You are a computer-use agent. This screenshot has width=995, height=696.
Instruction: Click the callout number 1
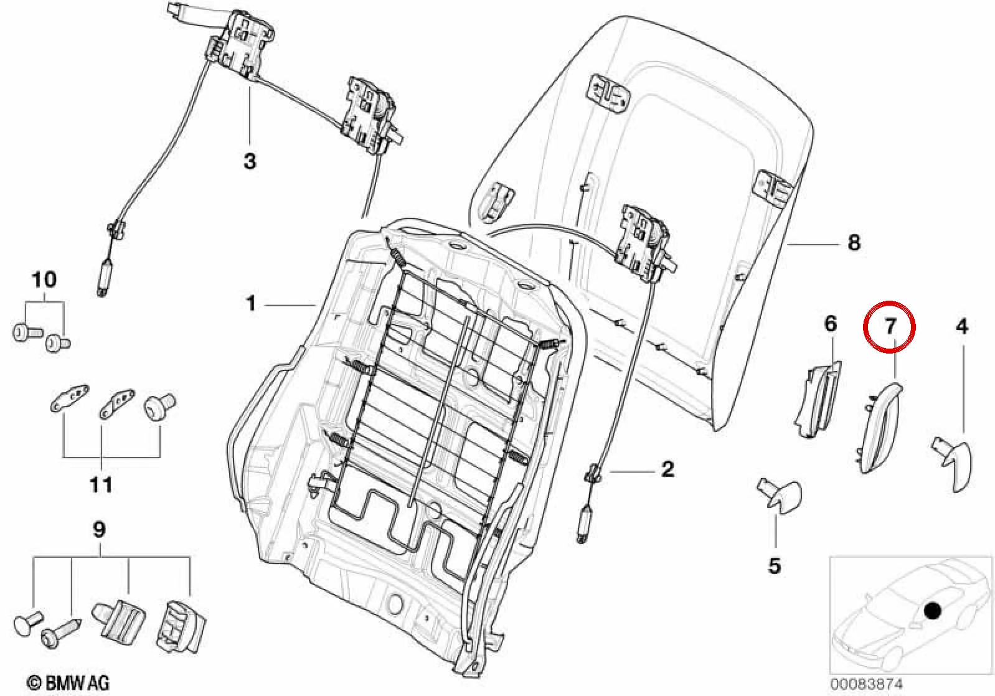pyautogui.click(x=251, y=304)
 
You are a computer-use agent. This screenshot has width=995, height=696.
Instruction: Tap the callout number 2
pyautogui.click(x=667, y=469)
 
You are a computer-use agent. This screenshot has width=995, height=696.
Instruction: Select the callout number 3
pyautogui.click(x=250, y=161)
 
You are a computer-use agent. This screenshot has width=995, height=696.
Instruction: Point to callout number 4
pyautogui.click(x=961, y=327)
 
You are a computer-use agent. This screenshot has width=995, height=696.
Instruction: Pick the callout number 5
pyautogui.click(x=774, y=566)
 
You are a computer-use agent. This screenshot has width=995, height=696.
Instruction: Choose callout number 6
pyautogui.click(x=831, y=324)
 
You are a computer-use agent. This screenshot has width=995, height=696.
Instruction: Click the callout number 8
pyautogui.click(x=854, y=243)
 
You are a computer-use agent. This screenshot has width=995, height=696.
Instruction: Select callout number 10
pyautogui.click(x=44, y=280)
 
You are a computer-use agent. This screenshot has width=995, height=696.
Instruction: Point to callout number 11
pyautogui.click(x=101, y=484)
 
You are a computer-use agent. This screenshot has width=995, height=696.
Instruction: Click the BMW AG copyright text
pyautogui.click(x=67, y=682)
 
